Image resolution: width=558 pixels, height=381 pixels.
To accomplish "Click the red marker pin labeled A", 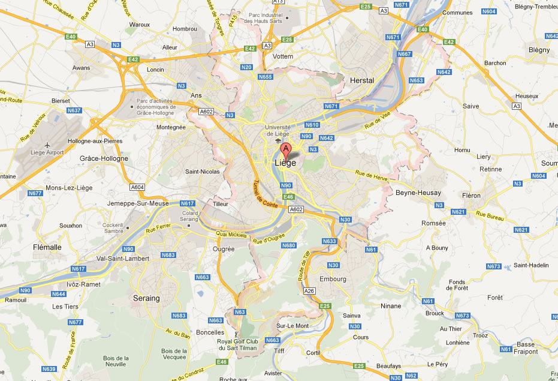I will coord(286,149).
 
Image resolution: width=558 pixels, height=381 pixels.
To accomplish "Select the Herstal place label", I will coord(361,80).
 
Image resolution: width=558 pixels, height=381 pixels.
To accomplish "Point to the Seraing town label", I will coord(146,298).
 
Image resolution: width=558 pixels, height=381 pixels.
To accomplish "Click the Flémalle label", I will coord(47,247).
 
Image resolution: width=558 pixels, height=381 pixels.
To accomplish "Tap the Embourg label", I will coord(333,279).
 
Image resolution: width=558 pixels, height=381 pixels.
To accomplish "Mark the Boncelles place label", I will coord(210,332).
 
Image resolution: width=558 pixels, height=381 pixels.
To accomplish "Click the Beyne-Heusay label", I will coord(418,193).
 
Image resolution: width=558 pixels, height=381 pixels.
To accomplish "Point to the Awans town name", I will coord(81,68).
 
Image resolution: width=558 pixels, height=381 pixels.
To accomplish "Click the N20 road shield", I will coord(246,67).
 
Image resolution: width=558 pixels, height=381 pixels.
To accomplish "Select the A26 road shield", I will coord(309,291).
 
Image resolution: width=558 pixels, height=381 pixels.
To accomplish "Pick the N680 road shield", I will coord(289,245).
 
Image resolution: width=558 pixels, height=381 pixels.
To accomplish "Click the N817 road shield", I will coord(188,203).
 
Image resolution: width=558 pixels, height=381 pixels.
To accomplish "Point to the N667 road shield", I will coord(405,53).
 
